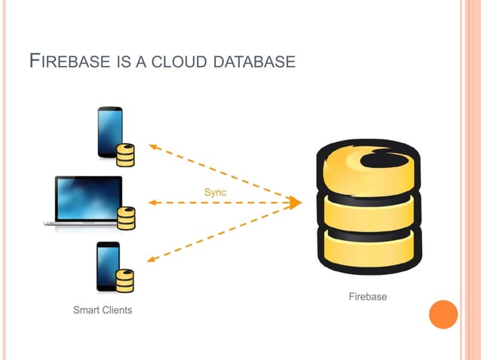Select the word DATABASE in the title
[x=254, y=61]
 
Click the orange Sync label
[x=215, y=193]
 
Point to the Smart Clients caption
[x=103, y=310]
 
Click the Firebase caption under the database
[x=367, y=297]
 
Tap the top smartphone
[x=110, y=132]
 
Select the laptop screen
[x=88, y=198]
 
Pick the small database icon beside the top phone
[x=125, y=154]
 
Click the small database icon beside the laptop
[x=127, y=218]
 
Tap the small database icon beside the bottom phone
[x=124, y=280]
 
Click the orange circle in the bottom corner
[x=443, y=314]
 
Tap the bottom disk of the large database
[x=367, y=247]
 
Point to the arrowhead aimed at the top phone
[x=152, y=146]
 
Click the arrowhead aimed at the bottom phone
[x=152, y=260]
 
